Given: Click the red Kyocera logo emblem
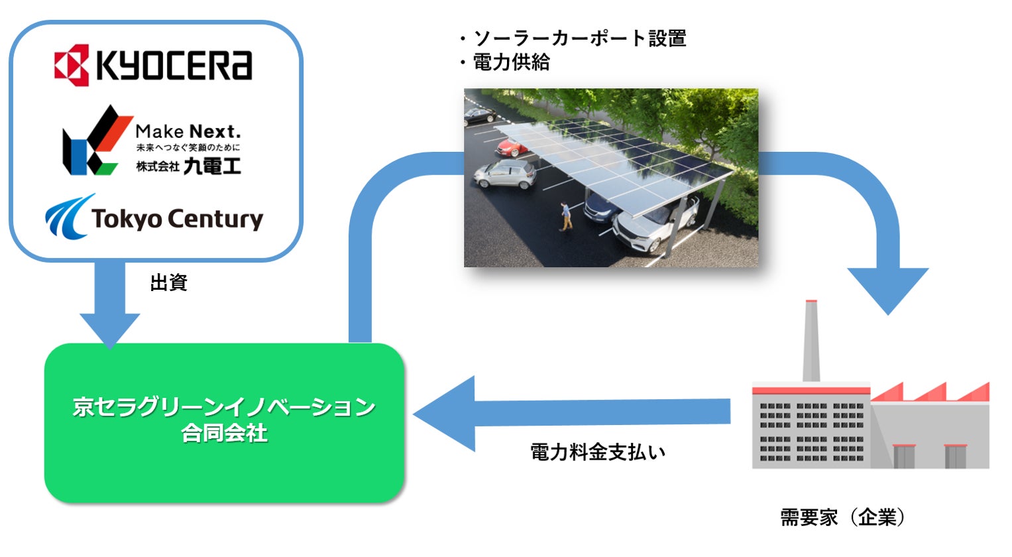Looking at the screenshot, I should (71, 65).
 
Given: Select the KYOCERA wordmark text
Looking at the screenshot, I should (174, 65).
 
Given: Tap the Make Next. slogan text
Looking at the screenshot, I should (188, 131).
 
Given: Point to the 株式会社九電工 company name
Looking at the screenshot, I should (188, 166).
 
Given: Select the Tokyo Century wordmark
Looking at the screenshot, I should (177, 219).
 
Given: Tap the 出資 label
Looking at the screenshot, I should (168, 283).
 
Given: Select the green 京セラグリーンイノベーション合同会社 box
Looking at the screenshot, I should (224, 422).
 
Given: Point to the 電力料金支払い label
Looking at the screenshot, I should (597, 452).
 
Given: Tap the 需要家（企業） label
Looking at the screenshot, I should (842, 517).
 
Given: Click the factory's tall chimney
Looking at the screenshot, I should (811, 341).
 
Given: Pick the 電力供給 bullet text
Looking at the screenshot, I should (510, 62).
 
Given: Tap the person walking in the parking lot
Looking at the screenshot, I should (565, 216).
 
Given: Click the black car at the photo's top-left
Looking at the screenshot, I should (479, 116).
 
